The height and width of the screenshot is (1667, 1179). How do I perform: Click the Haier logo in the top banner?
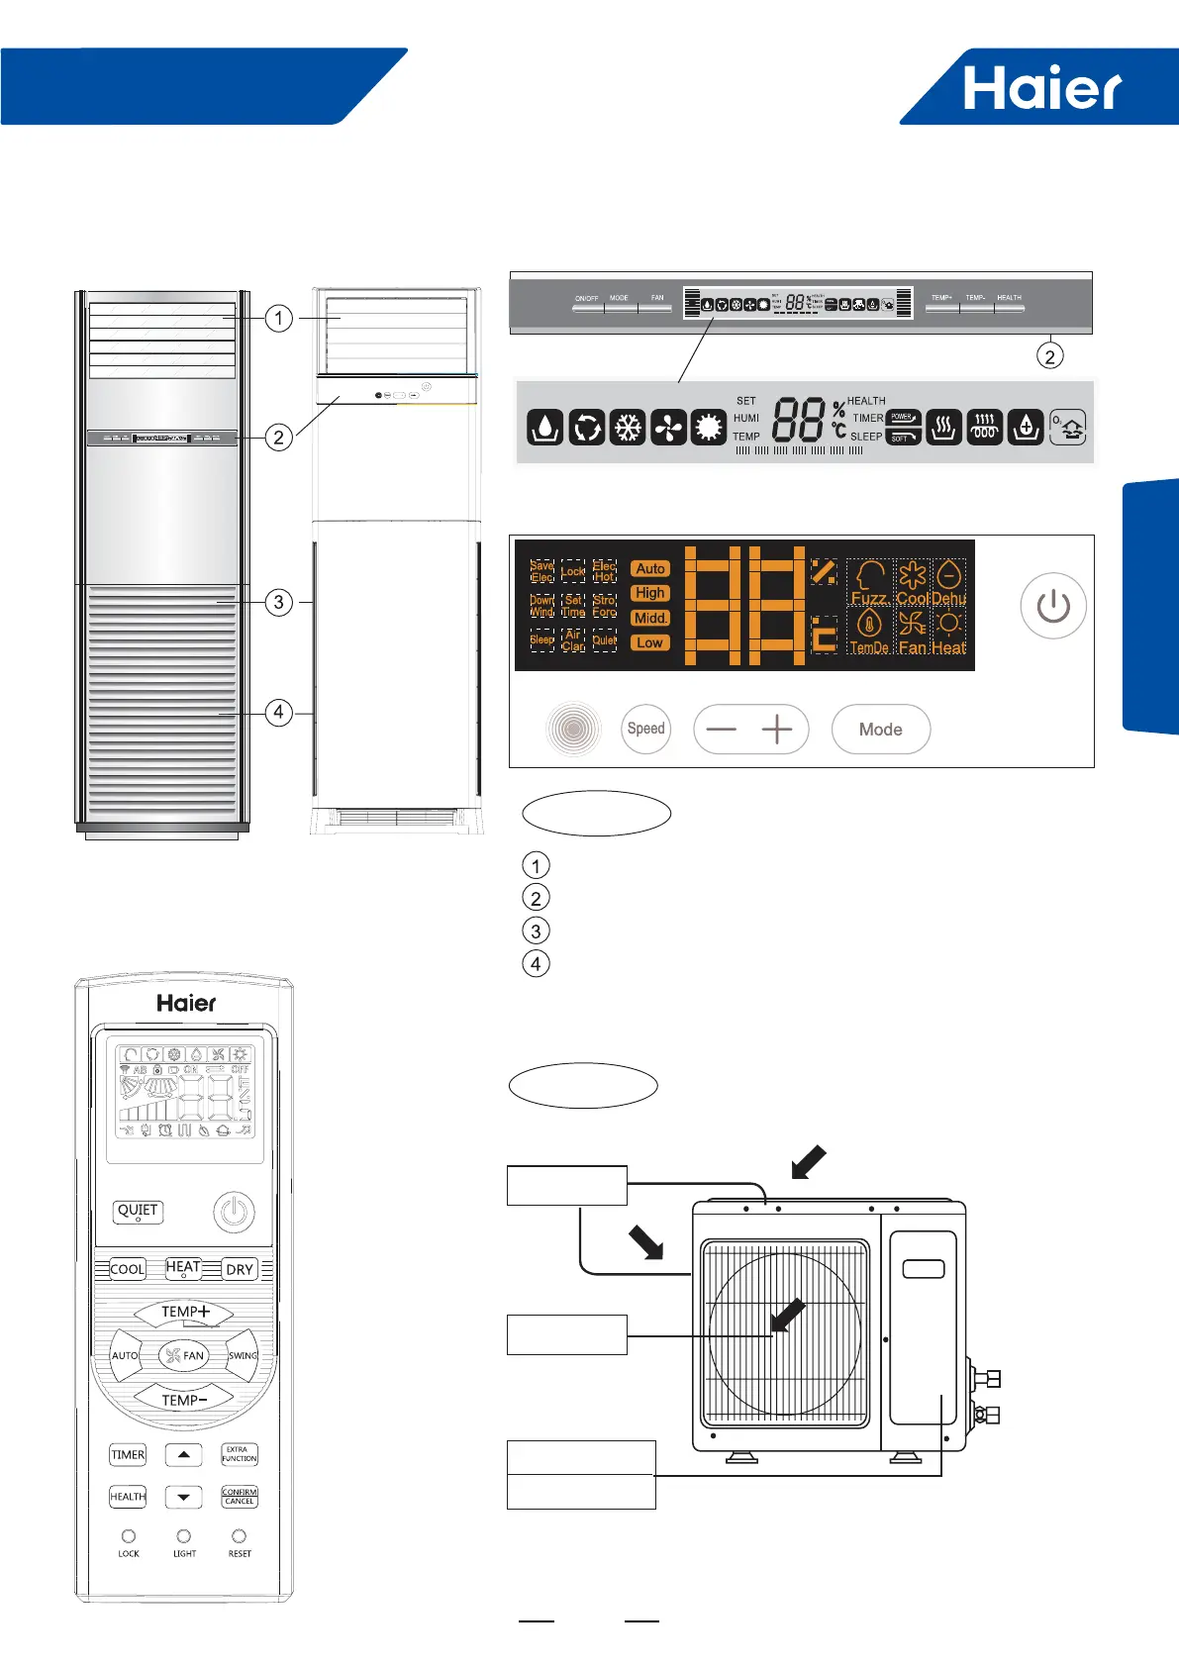1042,89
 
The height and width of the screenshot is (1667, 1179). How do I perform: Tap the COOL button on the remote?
127,1269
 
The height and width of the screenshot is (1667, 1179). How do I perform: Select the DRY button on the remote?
240,1269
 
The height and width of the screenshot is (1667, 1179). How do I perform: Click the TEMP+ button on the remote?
185,1312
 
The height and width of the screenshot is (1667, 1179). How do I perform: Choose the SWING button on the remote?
243,1356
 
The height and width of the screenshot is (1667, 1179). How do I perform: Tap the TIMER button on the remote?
128,1455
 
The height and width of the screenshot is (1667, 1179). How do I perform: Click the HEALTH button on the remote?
128,1497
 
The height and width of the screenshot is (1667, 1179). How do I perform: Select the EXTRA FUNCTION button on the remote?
240,1454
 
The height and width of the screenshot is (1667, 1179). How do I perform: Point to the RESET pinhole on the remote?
239,1536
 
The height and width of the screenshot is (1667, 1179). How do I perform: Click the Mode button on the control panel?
880,730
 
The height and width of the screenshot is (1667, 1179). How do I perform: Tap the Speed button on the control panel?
646,729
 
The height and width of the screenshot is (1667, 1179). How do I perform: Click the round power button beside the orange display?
1053,606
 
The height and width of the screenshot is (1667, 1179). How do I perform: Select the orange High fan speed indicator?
650,593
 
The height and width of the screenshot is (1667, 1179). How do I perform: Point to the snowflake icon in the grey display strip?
628,428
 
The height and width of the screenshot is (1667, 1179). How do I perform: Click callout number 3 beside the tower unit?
279,602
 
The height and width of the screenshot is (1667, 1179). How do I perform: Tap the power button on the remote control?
234,1213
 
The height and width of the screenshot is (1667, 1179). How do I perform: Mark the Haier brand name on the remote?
186,1003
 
